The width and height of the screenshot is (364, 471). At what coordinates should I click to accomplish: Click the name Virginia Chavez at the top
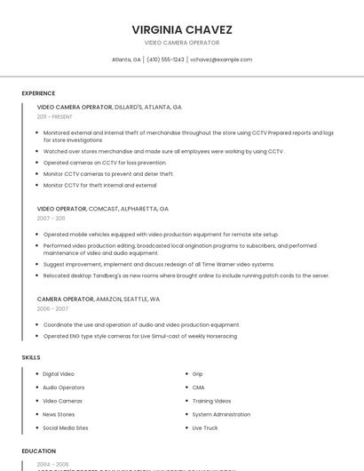click(x=182, y=29)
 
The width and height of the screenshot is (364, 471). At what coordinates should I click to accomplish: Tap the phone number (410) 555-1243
click(x=165, y=60)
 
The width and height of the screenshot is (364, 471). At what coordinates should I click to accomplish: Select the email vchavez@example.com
click(x=221, y=60)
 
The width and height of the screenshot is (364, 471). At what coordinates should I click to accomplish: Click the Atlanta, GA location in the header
click(x=126, y=60)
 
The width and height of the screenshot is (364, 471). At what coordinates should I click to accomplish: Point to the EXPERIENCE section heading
click(x=38, y=92)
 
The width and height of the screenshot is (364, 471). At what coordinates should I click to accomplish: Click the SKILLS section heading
click(x=31, y=357)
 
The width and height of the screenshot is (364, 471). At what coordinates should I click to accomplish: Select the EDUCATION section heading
click(x=39, y=451)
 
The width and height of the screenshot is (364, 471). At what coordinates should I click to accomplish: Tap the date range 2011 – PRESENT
click(x=54, y=116)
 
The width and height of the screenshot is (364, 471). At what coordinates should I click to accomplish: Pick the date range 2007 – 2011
click(x=51, y=218)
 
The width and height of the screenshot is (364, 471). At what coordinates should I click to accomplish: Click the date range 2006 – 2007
click(x=51, y=308)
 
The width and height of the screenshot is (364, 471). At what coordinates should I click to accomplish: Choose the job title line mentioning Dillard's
click(x=109, y=107)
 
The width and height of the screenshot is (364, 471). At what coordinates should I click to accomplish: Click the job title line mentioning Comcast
click(x=102, y=208)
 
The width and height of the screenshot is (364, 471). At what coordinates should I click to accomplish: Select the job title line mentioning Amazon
click(x=99, y=299)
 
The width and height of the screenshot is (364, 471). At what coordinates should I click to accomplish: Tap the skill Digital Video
click(x=59, y=374)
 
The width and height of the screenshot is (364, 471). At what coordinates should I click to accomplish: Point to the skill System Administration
click(x=221, y=414)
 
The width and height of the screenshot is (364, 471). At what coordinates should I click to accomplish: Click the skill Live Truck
click(x=205, y=427)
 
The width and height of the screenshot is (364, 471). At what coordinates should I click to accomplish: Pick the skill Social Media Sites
click(x=66, y=427)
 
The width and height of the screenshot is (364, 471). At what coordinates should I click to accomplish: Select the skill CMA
click(x=199, y=387)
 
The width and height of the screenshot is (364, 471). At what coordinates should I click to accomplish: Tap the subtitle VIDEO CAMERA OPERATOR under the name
click(x=182, y=43)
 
